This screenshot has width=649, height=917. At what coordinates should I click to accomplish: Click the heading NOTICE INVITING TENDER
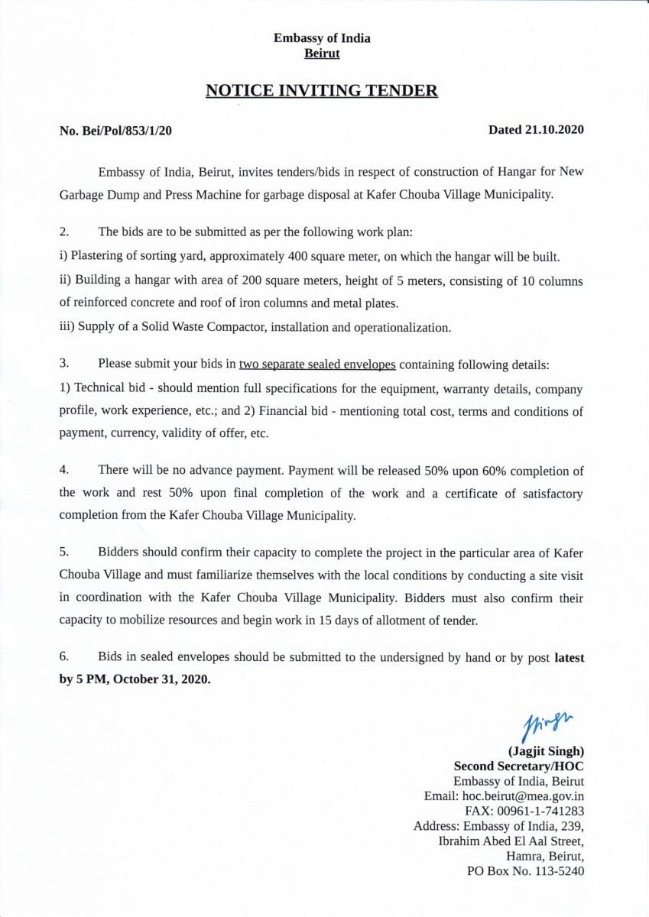[x=322, y=92]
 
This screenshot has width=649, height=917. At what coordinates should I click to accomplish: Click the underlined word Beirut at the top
[x=322, y=53]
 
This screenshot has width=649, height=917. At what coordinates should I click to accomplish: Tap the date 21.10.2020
[x=555, y=130]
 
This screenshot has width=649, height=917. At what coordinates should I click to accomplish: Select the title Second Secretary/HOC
[x=518, y=766]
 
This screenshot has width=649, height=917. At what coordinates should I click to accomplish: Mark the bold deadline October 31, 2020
[x=161, y=679]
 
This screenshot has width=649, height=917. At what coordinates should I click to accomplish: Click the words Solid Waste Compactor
[x=193, y=328]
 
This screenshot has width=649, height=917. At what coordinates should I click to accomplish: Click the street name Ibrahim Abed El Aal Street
[x=511, y=841]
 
